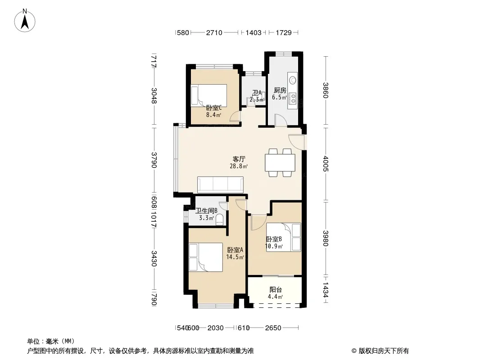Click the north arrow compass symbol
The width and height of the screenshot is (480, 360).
tap(25, 21)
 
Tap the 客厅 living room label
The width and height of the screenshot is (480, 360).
tap(239, 159)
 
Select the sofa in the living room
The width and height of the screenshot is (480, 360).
tap(220, 185)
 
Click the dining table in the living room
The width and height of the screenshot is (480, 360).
tap(280, 163)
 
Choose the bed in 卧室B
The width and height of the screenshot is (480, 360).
tap(284, 237)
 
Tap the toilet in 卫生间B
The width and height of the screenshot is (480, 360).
tap(219, 220)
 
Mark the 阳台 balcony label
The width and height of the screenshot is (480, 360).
tap(276, 289)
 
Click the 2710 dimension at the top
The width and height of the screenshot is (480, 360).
tap(214, 32)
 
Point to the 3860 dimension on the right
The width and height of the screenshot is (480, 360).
tap(326, 90)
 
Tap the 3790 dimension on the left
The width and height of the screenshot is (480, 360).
tap(154, 160)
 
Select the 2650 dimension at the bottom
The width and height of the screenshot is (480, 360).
tap(273, 328)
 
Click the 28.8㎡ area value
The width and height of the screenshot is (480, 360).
tap(239, 166)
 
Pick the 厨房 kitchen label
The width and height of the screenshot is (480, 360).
tap(280, 90)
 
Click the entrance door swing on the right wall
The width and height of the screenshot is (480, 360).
tap(296, 142)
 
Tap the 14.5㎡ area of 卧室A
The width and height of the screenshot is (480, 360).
tap(235, 257)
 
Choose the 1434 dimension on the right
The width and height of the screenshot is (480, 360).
tap(326, 289)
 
